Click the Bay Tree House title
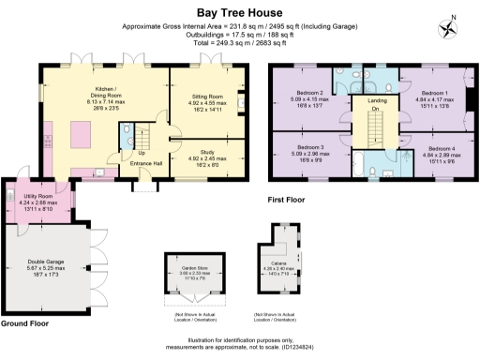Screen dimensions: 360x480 pyautogui.click(x=239, y=13)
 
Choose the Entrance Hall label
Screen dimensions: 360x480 pyautogui.click(x=146, y=164)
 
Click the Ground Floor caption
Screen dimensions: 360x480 pyautogui.click(x=26, y=322)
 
